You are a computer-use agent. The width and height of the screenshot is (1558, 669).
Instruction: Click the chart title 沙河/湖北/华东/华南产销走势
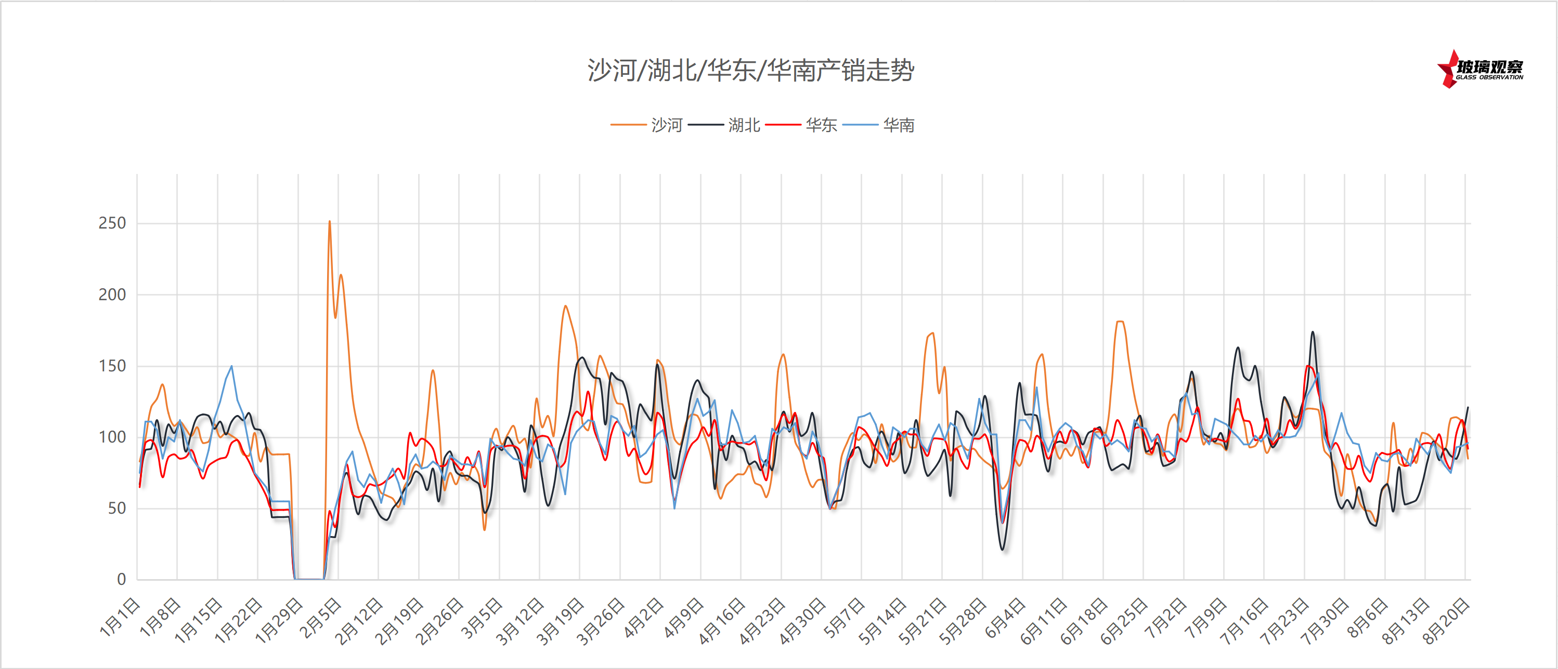click(750, 71)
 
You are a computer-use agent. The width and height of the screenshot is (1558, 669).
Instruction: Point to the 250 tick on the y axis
click(112, 223)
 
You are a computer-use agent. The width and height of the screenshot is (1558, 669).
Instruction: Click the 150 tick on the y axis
click(112, 366)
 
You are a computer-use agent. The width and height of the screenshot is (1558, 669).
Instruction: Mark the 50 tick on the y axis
click(116, 509)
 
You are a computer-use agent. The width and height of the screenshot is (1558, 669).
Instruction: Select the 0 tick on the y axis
click(121, 580)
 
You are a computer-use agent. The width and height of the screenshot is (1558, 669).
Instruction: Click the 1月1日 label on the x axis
click(120, 617)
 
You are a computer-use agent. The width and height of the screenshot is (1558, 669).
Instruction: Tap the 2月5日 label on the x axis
click(320, 617)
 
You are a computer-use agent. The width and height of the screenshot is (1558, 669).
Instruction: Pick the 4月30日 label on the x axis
click(801, 620)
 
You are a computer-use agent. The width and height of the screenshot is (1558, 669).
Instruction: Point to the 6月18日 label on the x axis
click(1083, 620)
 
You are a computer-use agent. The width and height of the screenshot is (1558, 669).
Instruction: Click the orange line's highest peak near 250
click(329, 221)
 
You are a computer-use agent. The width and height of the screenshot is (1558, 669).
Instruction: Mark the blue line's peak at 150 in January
click(231, 366)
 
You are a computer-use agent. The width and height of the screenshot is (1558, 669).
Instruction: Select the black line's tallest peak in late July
click(1312, 332)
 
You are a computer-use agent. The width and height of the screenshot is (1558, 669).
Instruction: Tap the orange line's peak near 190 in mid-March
click(565, 306)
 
